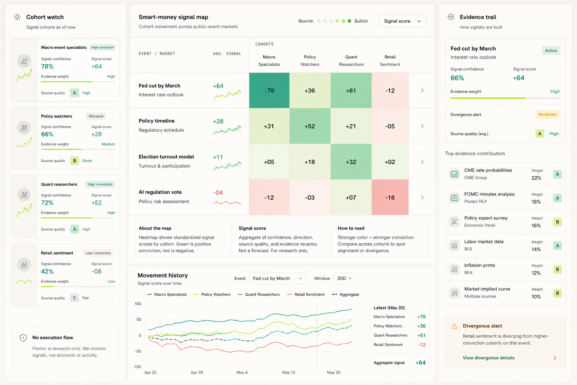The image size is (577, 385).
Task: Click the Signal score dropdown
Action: point(402,21)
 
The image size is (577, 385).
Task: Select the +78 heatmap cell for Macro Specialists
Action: point(269,91)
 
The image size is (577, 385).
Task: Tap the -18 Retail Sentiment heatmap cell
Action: point(390,197)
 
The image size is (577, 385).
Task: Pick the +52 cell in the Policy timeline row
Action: point(310,126)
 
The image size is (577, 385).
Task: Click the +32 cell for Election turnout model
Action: point(351,162)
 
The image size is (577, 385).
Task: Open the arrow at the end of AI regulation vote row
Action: point(422,197)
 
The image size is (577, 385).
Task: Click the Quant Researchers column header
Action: point(351,61)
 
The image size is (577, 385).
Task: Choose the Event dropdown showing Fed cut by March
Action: point(278,279)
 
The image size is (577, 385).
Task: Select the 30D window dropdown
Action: point(344,279)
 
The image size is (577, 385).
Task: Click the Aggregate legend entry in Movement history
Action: point(346,294)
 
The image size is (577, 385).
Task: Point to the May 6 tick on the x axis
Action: point(242,372)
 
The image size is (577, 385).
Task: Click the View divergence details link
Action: point(488,358)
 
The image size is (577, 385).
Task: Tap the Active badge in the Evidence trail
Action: point(551,50)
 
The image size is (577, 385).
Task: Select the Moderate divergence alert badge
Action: point(547,115)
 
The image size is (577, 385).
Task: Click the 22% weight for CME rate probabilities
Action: point(536,178)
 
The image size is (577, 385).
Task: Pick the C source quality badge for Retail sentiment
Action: point(74,298)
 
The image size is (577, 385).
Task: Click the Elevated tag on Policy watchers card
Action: point(96,116)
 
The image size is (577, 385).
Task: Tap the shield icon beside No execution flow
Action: point(23,338)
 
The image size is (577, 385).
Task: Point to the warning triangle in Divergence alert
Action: point(454,326)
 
